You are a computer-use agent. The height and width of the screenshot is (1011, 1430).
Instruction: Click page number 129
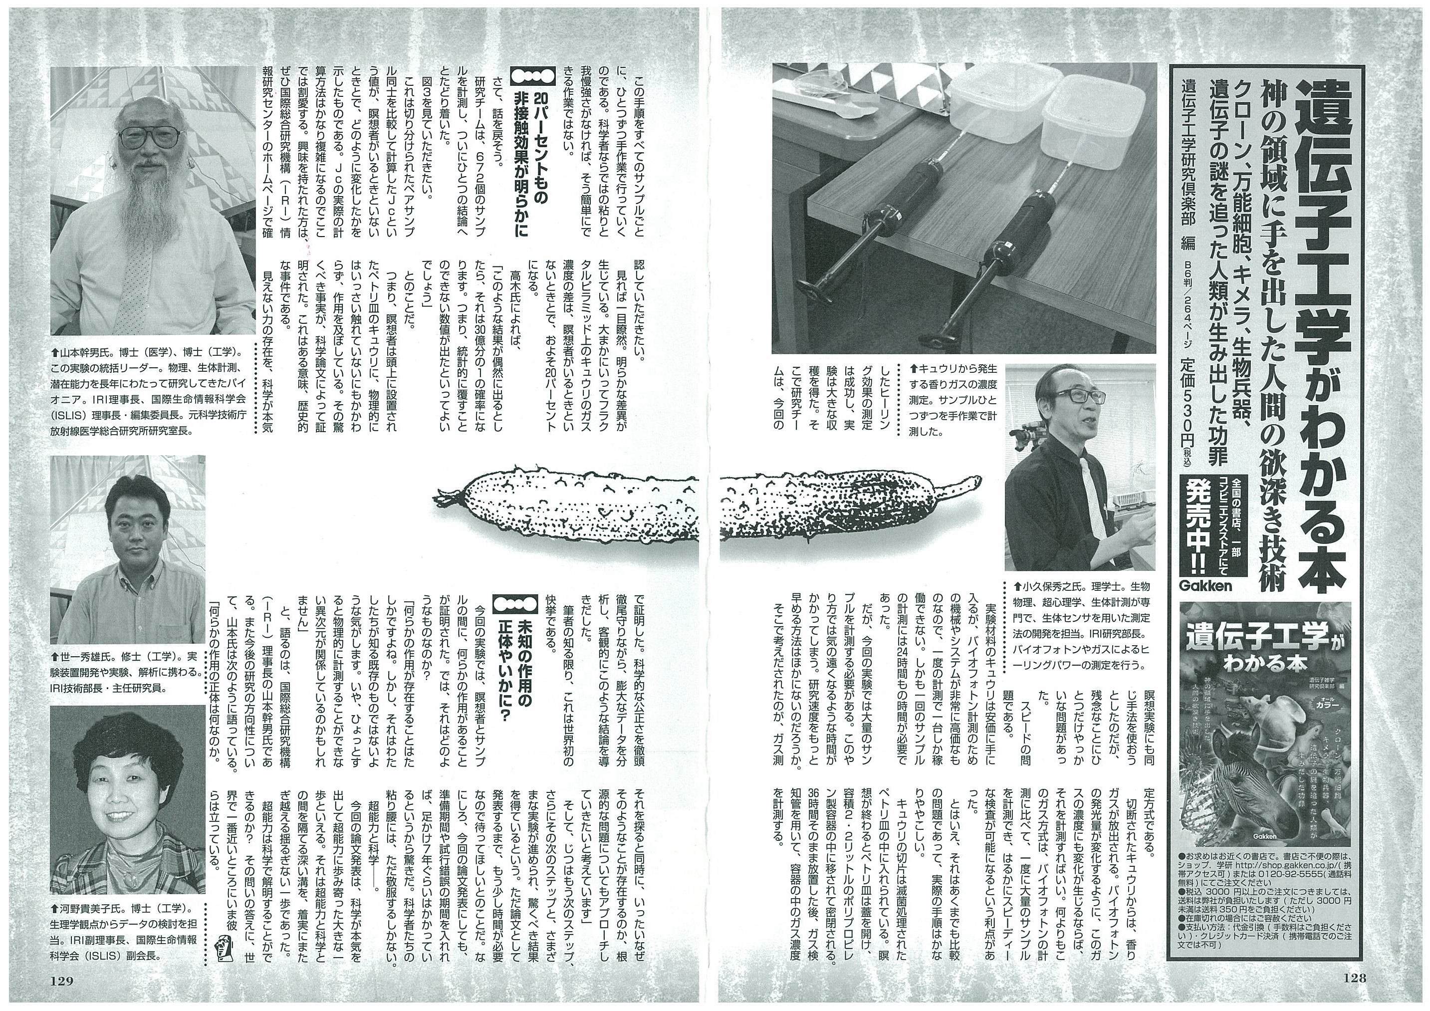(x=62, y=981)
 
